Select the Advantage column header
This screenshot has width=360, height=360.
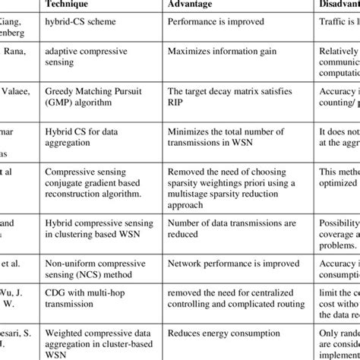tap(199, 5)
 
